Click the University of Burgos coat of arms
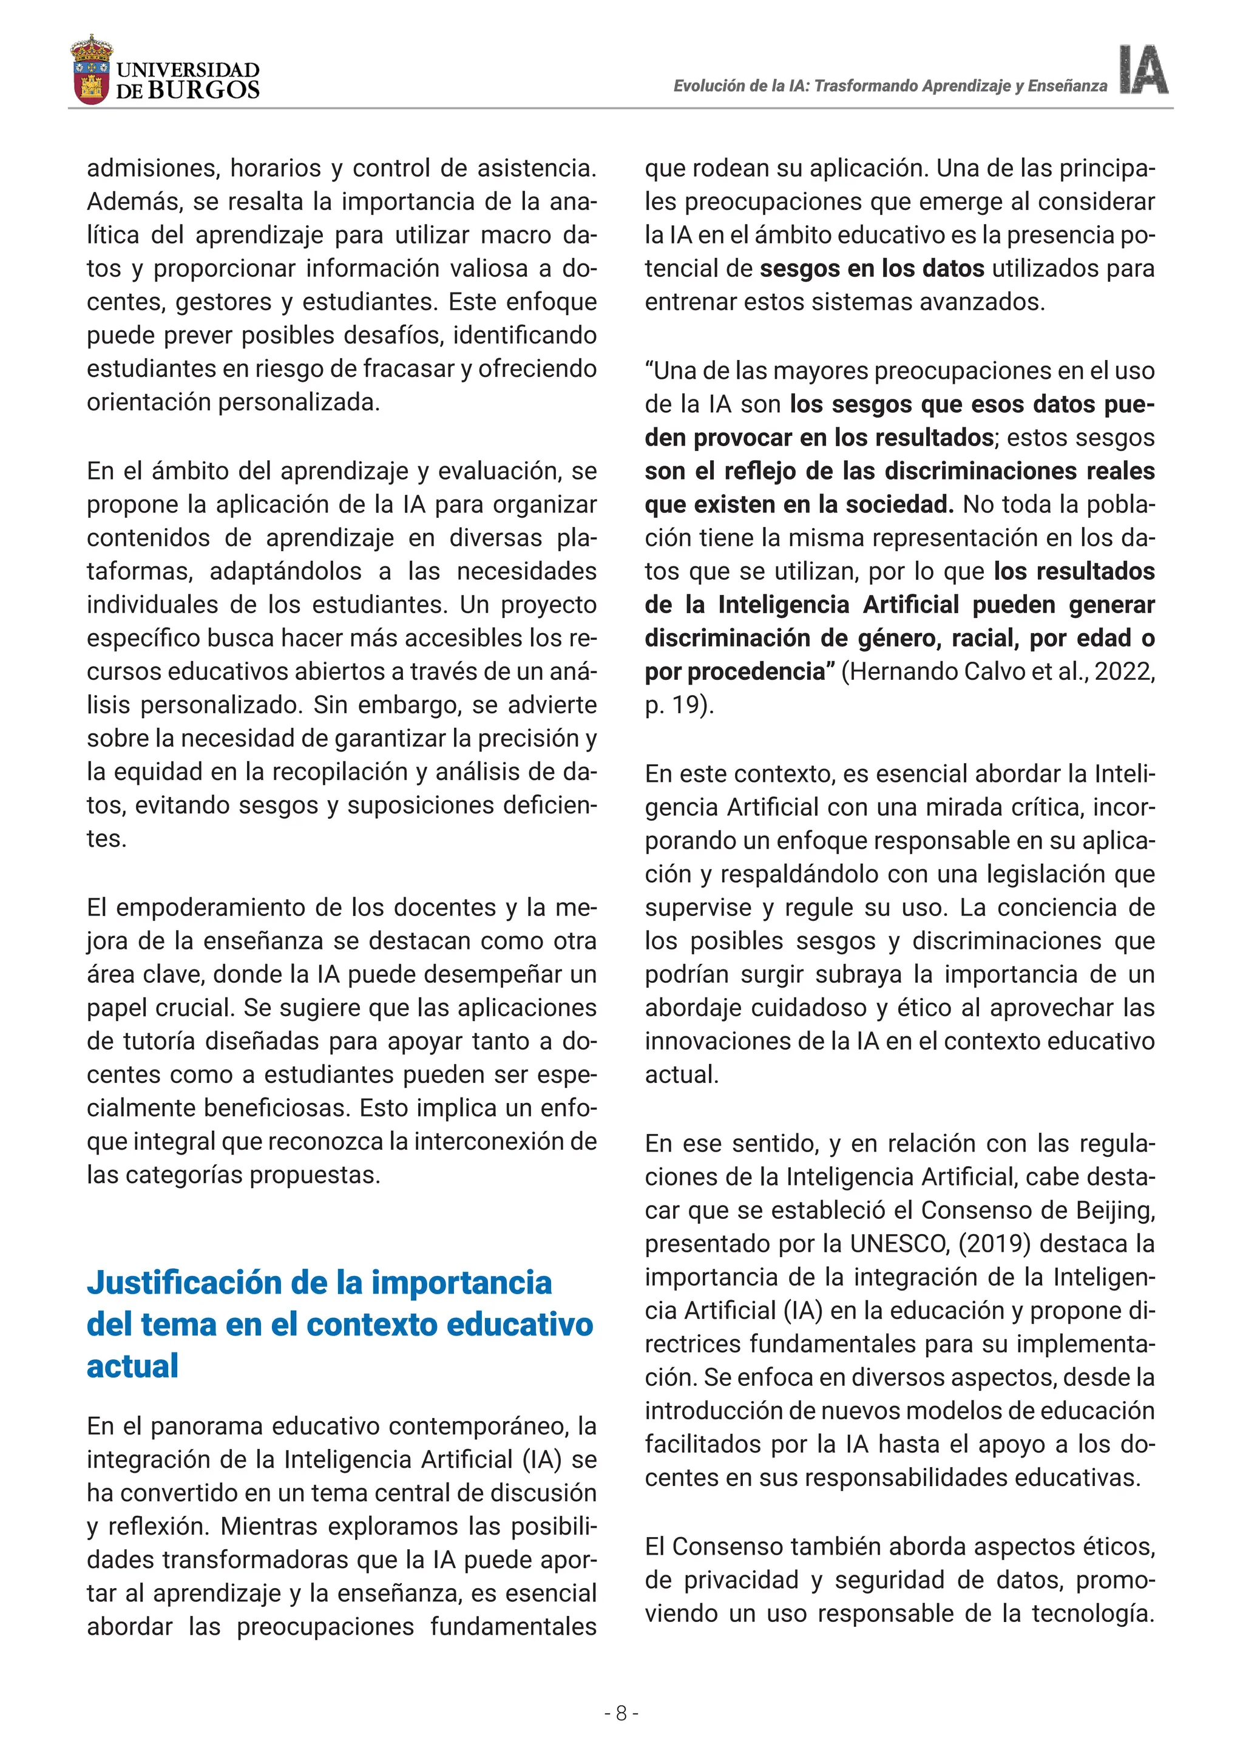(x=92, y=70)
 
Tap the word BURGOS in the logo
(x=203, y=90)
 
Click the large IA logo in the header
(x=1143, y=70)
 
